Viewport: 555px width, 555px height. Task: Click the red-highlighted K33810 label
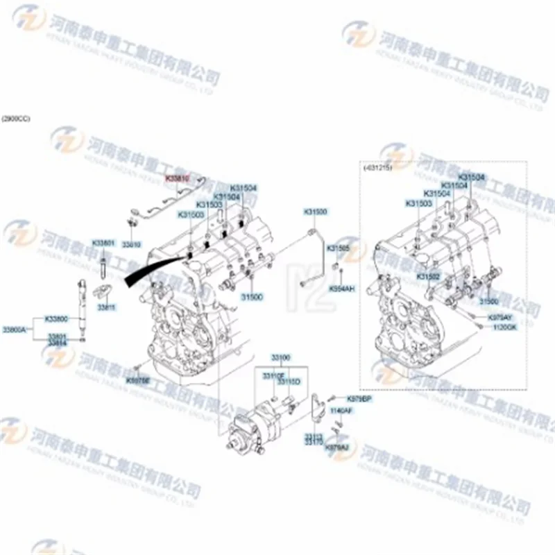177,178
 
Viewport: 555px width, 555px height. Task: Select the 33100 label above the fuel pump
281,357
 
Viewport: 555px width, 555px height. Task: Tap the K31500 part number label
315,211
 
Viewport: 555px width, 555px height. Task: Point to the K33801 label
103,243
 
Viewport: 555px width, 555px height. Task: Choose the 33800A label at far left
14,329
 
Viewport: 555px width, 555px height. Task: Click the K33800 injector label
57,319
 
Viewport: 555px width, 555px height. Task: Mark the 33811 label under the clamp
105,306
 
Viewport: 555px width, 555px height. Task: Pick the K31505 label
339,248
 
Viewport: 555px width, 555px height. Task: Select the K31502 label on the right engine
427,276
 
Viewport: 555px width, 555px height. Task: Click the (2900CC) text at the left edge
16,119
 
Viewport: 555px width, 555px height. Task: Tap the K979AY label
499,317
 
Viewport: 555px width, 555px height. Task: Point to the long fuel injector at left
82,305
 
